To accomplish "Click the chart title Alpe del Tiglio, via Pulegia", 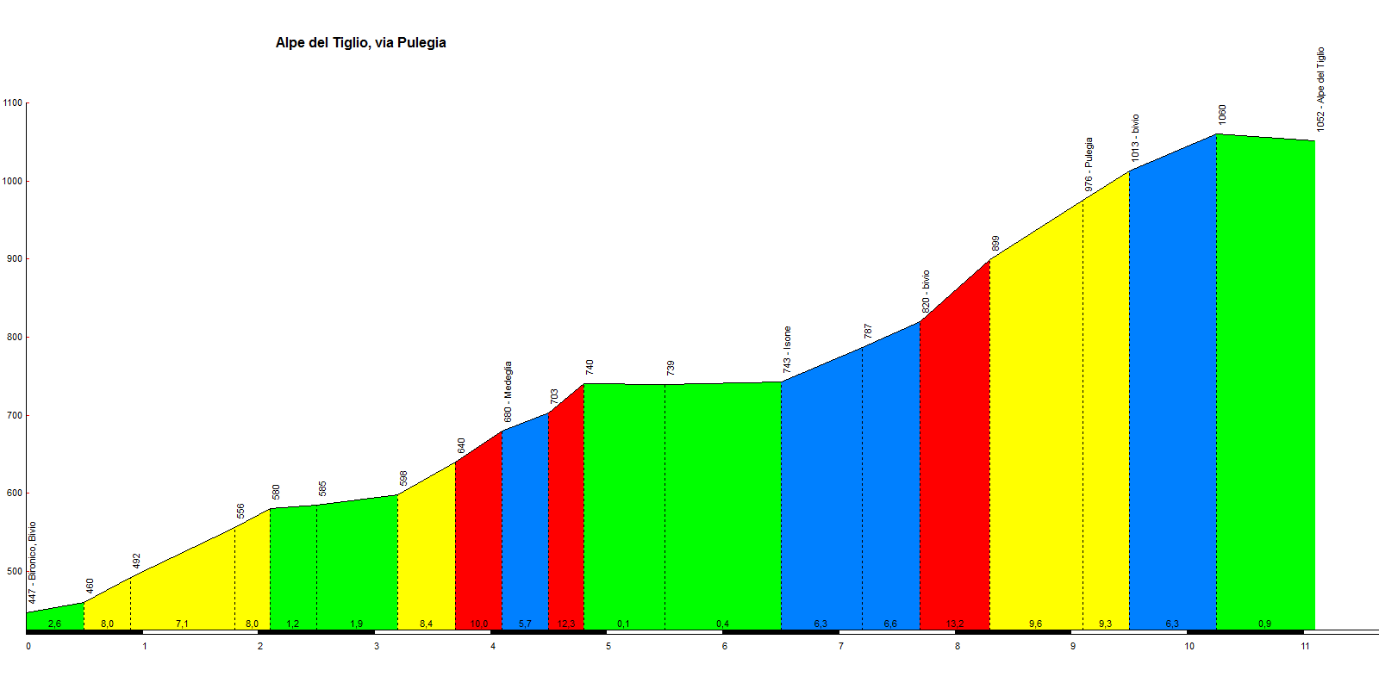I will click(360, 43).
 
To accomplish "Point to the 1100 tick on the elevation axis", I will click(13, 103).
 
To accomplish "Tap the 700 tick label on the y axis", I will click(13, 416).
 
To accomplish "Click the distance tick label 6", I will click(725, 646).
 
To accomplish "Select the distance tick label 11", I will click(1306, 646).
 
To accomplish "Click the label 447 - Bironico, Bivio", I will click(33, 562).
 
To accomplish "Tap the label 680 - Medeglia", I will click(508, 392).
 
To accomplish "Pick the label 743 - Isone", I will click(787, 350).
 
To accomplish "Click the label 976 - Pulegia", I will click(1089, 164).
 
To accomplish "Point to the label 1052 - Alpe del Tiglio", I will click(1320, 90).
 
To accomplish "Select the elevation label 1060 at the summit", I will click(1222, 115).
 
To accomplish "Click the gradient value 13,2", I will click(955, 624).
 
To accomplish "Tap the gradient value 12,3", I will click(566, 624).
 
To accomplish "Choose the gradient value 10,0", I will click(479, 624).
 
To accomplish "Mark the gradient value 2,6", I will click(55, 624).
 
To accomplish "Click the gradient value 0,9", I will click(1264, 624).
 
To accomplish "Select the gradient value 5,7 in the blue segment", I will click(525, 624).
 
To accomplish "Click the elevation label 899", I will click(995, 244).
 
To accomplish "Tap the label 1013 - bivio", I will click(1135, 138).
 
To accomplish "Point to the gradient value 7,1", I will click(182, 624).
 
